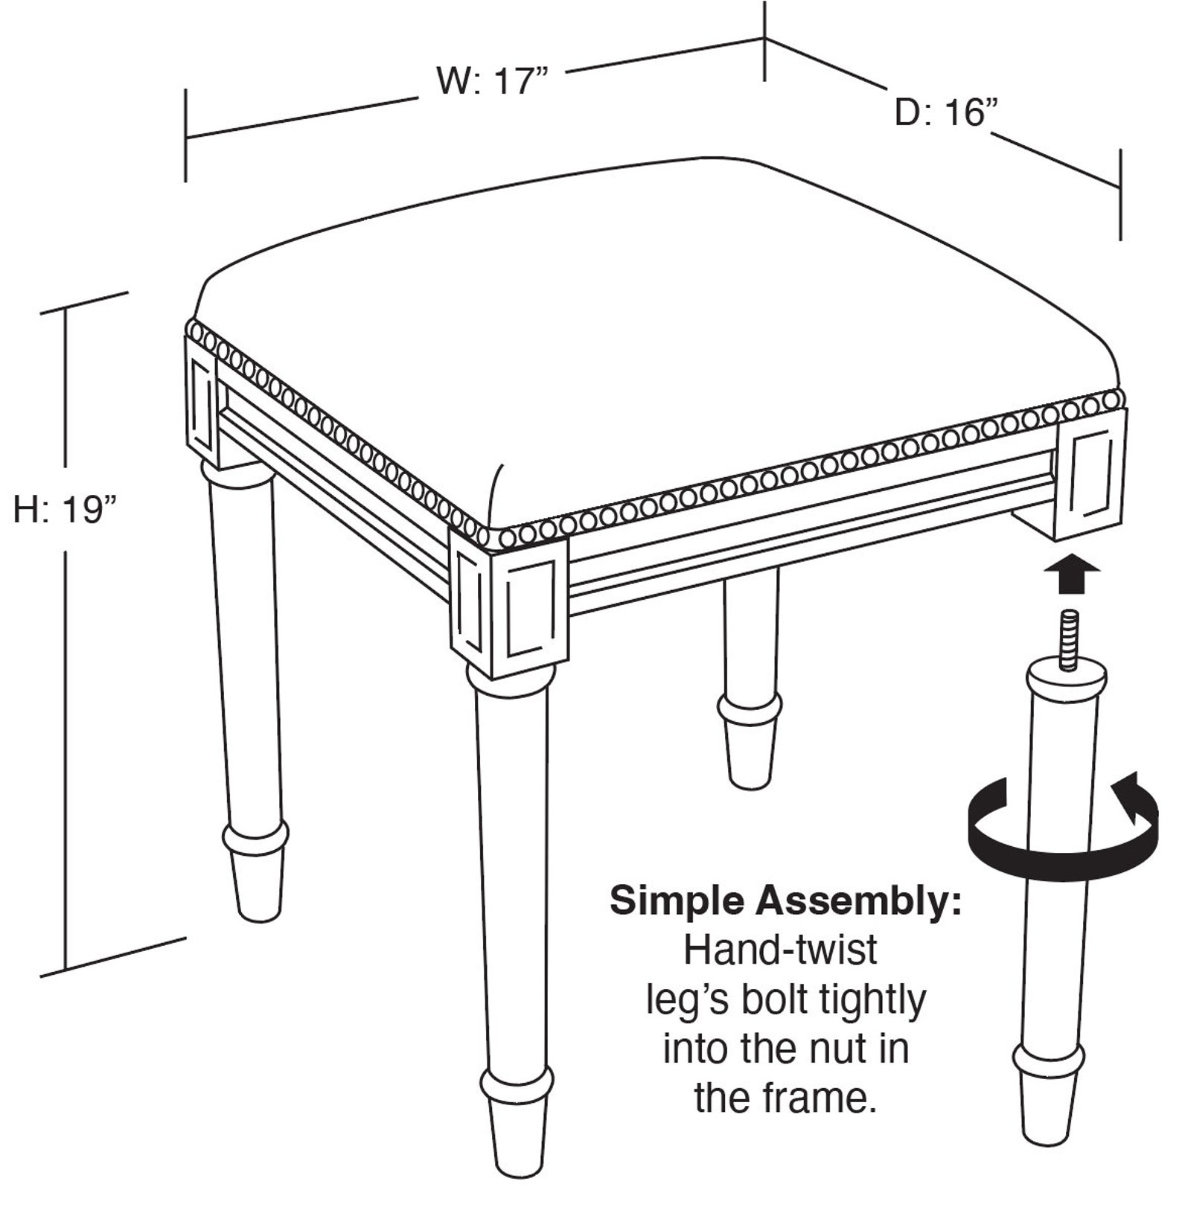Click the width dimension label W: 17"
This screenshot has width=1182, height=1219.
click(492, 80)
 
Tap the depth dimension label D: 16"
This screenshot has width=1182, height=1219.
click(944, 113)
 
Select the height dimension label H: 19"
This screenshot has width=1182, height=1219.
click(66, 511)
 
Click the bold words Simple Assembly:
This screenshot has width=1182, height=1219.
click(785, 901)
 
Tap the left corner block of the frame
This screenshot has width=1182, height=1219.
click(201, 402)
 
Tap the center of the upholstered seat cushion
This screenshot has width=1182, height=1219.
click(655, 335)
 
